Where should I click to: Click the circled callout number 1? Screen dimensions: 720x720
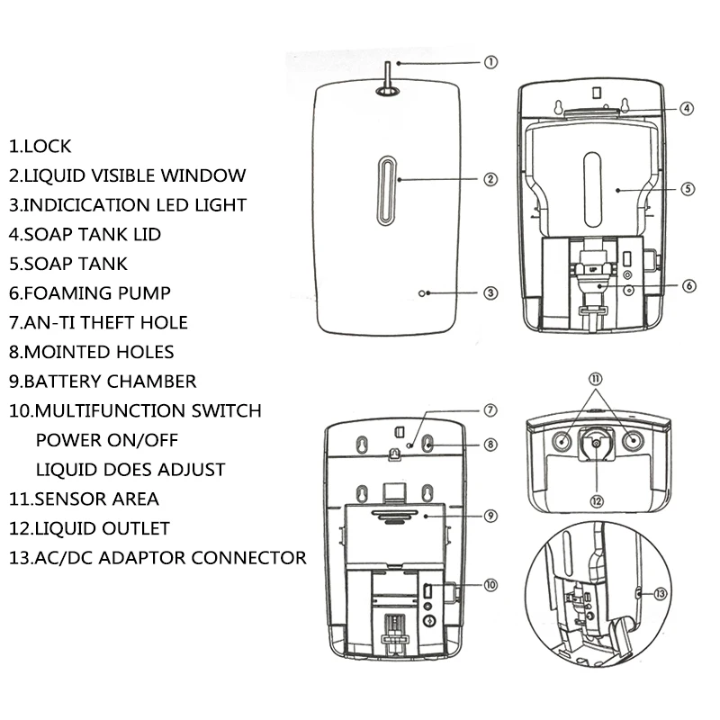[490, 63]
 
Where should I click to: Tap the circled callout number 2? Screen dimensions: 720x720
[490, 179]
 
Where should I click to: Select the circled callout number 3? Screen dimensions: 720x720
[490, 292]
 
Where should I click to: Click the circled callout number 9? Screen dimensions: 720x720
[490, 516]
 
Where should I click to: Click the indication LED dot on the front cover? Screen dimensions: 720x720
[430, 293]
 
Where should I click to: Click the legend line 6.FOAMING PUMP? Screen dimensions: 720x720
[90, 292]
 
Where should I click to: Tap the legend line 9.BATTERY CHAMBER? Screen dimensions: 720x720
[103, 381]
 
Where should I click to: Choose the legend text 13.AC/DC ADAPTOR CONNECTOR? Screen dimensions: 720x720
[157, 557]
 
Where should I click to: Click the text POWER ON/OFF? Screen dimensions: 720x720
[107, 440]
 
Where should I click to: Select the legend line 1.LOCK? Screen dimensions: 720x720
[40, 146]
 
